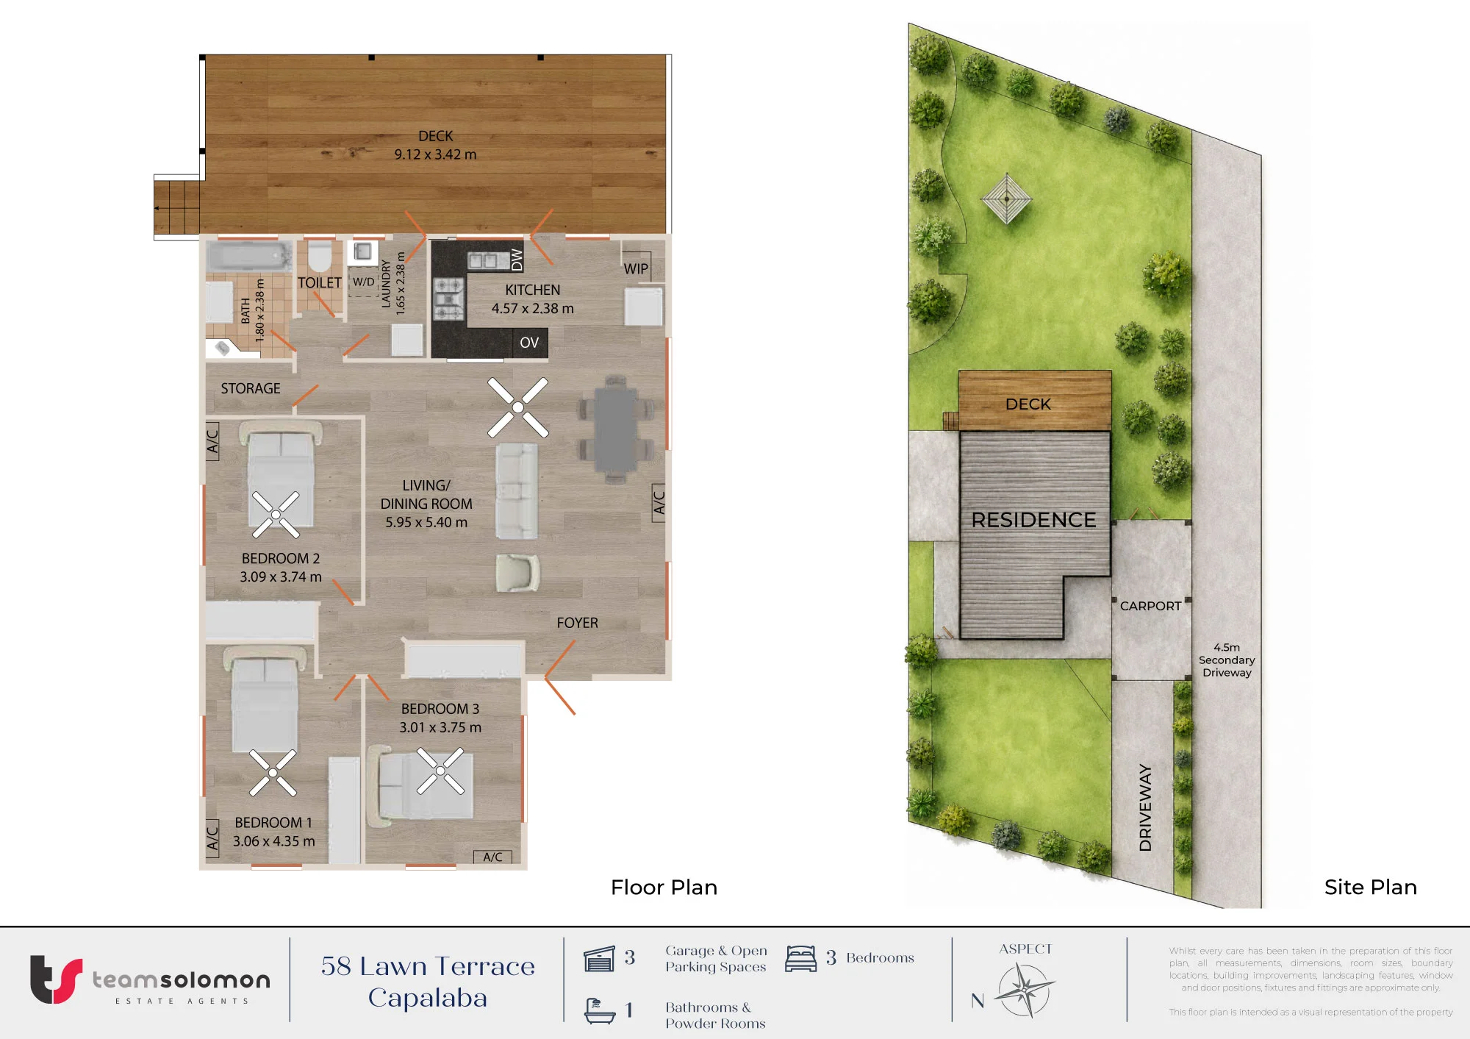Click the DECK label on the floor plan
tap(436, 136)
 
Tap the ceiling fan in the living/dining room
tap(518, 407)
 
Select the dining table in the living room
tap(616, 429)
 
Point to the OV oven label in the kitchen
tap(529, 343)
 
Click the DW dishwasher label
tap(517, 260)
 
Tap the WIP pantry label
tap(637, 269)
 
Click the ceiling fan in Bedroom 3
tap(440, 771)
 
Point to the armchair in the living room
tap(518, 573)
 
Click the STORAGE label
tap(251, 388)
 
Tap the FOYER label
tap(578, 623)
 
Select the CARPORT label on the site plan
tap(1151, 606)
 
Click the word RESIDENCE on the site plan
tap(1033, 520)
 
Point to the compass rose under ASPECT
tap(1025, 990)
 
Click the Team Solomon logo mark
tap(56, 979)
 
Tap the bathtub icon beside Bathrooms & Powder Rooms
tap(600, 1011)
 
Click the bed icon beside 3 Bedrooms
tap(801, 959)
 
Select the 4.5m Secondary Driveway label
tap(1227, 660)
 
